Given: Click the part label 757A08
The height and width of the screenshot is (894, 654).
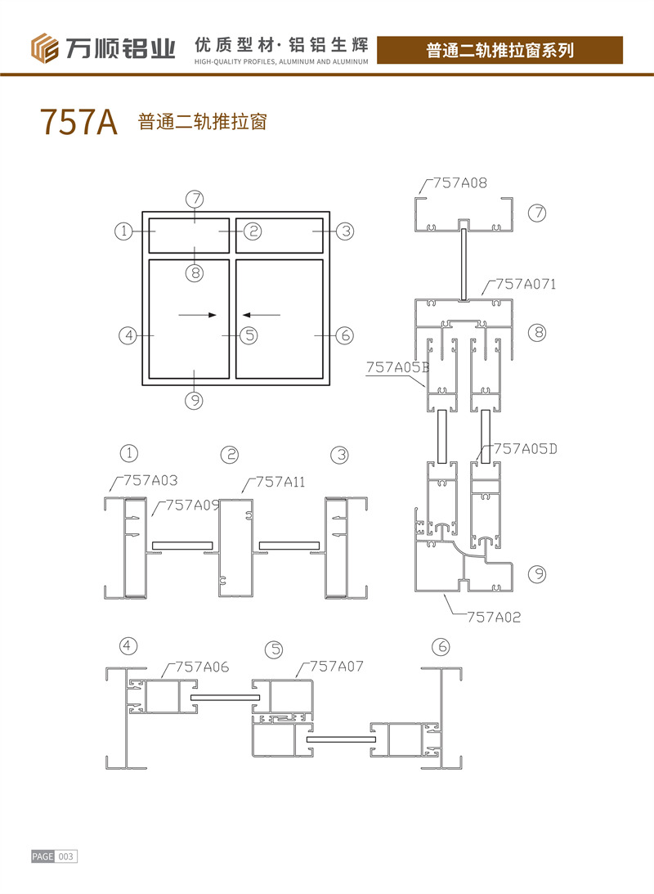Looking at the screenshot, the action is pyautogui.click(x=460, y=183).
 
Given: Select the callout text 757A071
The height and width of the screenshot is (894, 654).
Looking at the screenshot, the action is pyautogui.click(x=526, y=284).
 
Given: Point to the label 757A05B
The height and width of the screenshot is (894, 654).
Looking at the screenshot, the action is pyautogui.click(x=397, y=367).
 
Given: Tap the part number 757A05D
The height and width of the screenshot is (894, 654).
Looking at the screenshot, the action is pyautogui.click(x=526, y=449).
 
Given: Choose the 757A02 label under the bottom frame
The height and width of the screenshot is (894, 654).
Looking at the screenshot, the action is pyautogui.click(x=494, y=617).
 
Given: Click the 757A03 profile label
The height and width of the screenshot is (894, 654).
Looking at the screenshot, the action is pyautogui.click(x=150, y=481).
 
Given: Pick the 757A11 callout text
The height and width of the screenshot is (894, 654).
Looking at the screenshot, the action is pyautogui.click(x=280, y=483).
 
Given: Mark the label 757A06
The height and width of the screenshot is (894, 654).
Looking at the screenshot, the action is pyautogui.click(x=202, y=667).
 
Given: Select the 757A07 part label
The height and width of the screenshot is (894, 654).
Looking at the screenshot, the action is pyautogui.click(x=336, y=666).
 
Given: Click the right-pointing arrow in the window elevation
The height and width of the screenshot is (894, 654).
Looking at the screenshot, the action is pyautogui.click(x=198, y=315).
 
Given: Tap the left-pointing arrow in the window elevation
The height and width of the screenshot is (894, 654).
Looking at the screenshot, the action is pyautogui.click(x=262, y=315).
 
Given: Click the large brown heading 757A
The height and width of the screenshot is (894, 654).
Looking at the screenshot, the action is pyautogui.click(x=78, y=121).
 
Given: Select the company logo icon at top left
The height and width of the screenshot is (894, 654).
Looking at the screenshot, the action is pyautogui.click(x=44, y=48).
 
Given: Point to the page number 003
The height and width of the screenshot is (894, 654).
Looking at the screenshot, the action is pyautogui.click(x=65, y=856).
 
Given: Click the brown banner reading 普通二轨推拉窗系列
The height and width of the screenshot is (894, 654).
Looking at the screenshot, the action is pyautogui.click(x=499, y=50).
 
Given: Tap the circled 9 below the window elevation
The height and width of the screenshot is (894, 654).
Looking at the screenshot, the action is pyautogui.click(x=195, y=401).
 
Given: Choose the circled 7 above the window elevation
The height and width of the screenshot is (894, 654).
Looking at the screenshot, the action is pyautogui.click(x=195, y=199).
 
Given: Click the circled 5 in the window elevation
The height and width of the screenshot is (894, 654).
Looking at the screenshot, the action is pyautogui.click(x=249, y=335).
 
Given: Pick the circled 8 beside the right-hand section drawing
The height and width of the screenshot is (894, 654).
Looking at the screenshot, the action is pyautogui.click(x=537, y=332).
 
